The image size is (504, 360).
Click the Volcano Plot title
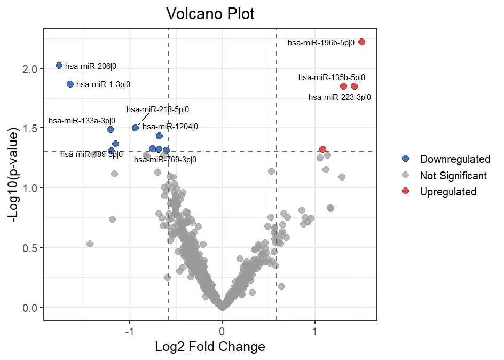[x=210, y=14]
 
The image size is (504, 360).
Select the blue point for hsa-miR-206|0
[x=59, y=65]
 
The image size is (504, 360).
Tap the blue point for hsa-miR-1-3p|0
[x=70, y=84]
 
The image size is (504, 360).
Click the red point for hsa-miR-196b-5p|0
[x=361, y=42]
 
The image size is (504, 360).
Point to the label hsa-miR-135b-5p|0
[x=332, y=77]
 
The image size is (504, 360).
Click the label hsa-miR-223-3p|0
[x=340, y=97]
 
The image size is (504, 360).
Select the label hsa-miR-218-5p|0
[x=157, y=109]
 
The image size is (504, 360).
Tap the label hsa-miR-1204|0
[x=170, y=127]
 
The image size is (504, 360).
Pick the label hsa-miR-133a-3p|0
[x=82, y=121]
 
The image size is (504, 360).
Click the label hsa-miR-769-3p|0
[x=165, y=159]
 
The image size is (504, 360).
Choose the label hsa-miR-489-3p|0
[x=91, y=154]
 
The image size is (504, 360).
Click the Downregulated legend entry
[x=455, y=159]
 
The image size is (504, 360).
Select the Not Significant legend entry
[x=453, y=175]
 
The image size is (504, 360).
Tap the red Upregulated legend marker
[x=406, y=191]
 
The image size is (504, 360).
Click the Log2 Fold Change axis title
[x=210, y=347]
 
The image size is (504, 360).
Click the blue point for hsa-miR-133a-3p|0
[x=111, y=129]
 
